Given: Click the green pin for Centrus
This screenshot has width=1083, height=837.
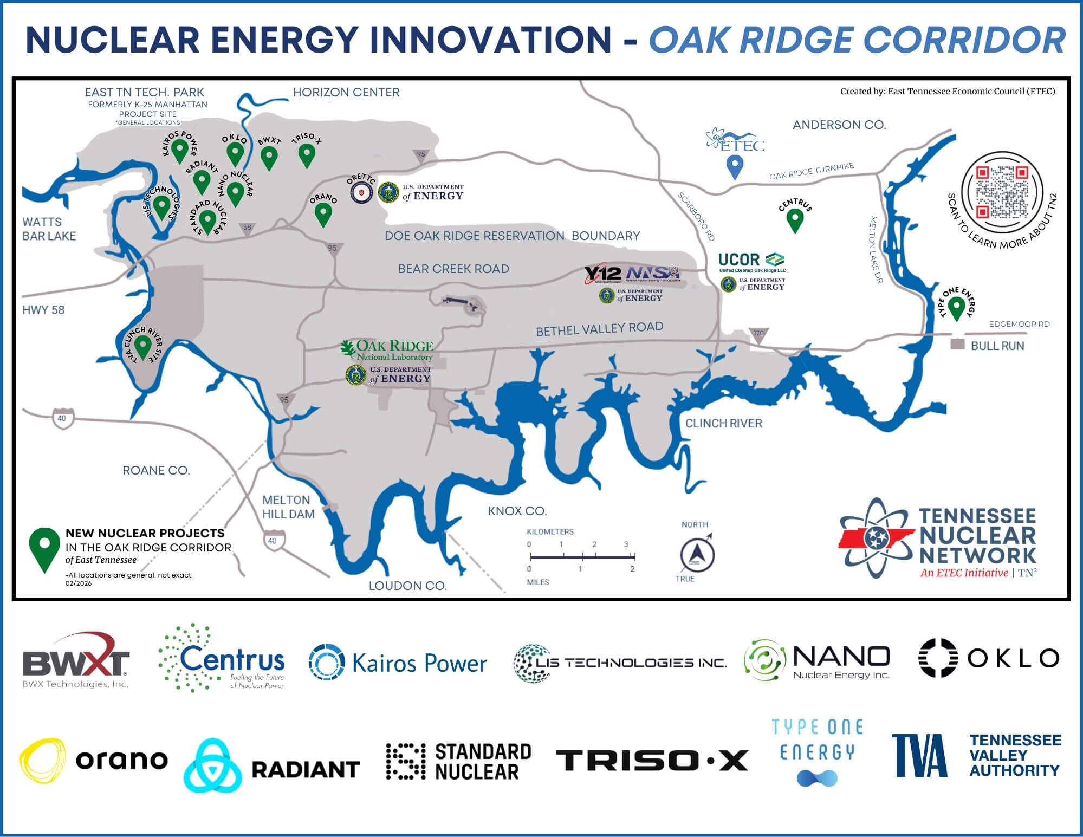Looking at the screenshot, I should (x=794, y=220).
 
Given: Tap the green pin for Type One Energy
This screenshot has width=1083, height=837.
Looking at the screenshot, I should (x=957, y=308).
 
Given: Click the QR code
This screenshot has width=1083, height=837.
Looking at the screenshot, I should (x=1002, y=192).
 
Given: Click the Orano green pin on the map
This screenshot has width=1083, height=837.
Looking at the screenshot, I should (x=323, y=214).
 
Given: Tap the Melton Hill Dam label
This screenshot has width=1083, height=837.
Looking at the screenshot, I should (x=288, y=507).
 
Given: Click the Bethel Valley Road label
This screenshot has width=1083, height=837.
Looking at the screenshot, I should (x=599, y=329).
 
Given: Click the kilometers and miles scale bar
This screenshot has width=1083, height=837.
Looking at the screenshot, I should (x=582, y=556).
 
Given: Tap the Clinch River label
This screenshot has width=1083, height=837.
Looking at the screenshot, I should (x=723, y=423).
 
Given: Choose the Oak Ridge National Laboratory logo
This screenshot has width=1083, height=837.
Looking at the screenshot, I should (x=388, y=350).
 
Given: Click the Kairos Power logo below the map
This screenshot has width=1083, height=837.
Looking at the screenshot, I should (x=398, y=663).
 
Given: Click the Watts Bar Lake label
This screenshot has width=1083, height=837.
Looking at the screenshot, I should (x=49, y=229).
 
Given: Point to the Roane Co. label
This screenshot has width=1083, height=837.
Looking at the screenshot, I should (x=156, y=470).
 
